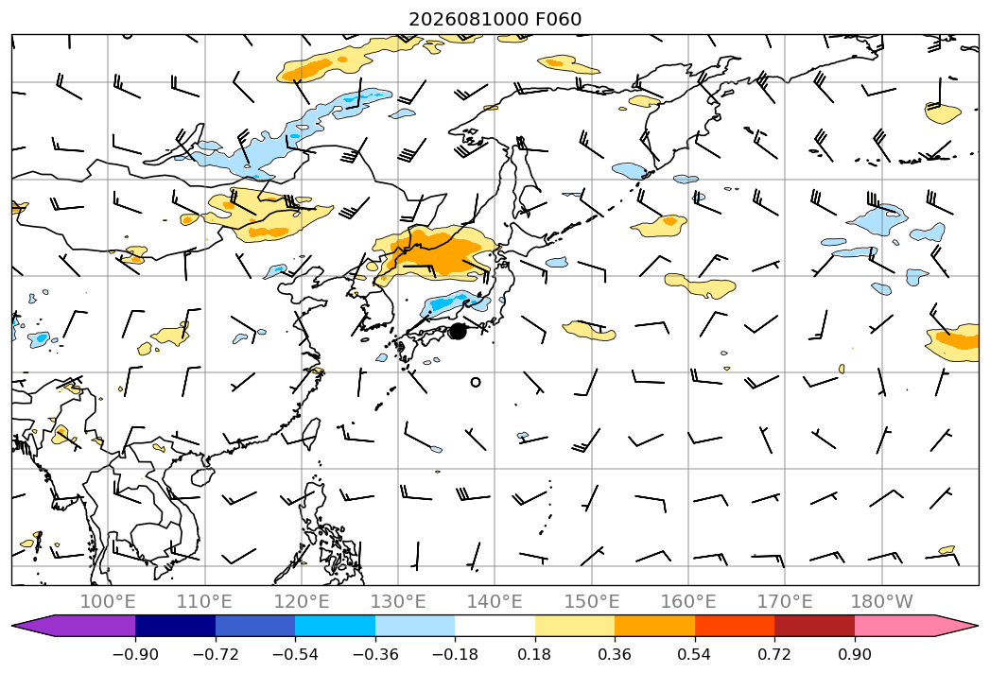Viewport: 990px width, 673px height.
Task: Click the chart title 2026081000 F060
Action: point(495,19)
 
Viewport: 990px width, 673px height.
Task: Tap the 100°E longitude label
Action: point(108,601)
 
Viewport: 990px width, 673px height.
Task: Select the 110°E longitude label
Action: point(204,601)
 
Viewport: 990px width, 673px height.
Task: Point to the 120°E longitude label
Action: point(302,601)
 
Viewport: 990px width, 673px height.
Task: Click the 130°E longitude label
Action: point(398,601)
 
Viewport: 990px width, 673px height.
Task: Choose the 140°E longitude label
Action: point(495,601)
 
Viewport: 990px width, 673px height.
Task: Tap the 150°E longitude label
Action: point(592,601)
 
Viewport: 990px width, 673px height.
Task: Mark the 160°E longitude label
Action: point(688,601)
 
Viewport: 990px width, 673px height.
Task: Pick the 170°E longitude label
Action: point(785,601)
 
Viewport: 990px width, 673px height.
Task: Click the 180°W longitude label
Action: point(882,601)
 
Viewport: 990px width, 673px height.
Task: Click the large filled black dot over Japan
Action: point(458,331)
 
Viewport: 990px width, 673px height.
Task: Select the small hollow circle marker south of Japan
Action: point(476,382)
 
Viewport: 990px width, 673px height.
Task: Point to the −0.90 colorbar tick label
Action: point(135,654)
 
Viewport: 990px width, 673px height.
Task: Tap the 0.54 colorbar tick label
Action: point(695,654)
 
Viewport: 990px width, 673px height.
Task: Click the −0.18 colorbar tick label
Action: point(455,654)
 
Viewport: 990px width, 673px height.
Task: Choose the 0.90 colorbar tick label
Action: point(854,654)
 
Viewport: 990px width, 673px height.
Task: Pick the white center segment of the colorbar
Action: point(495,626)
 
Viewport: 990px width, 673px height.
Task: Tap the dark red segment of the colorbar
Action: point(814,626)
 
